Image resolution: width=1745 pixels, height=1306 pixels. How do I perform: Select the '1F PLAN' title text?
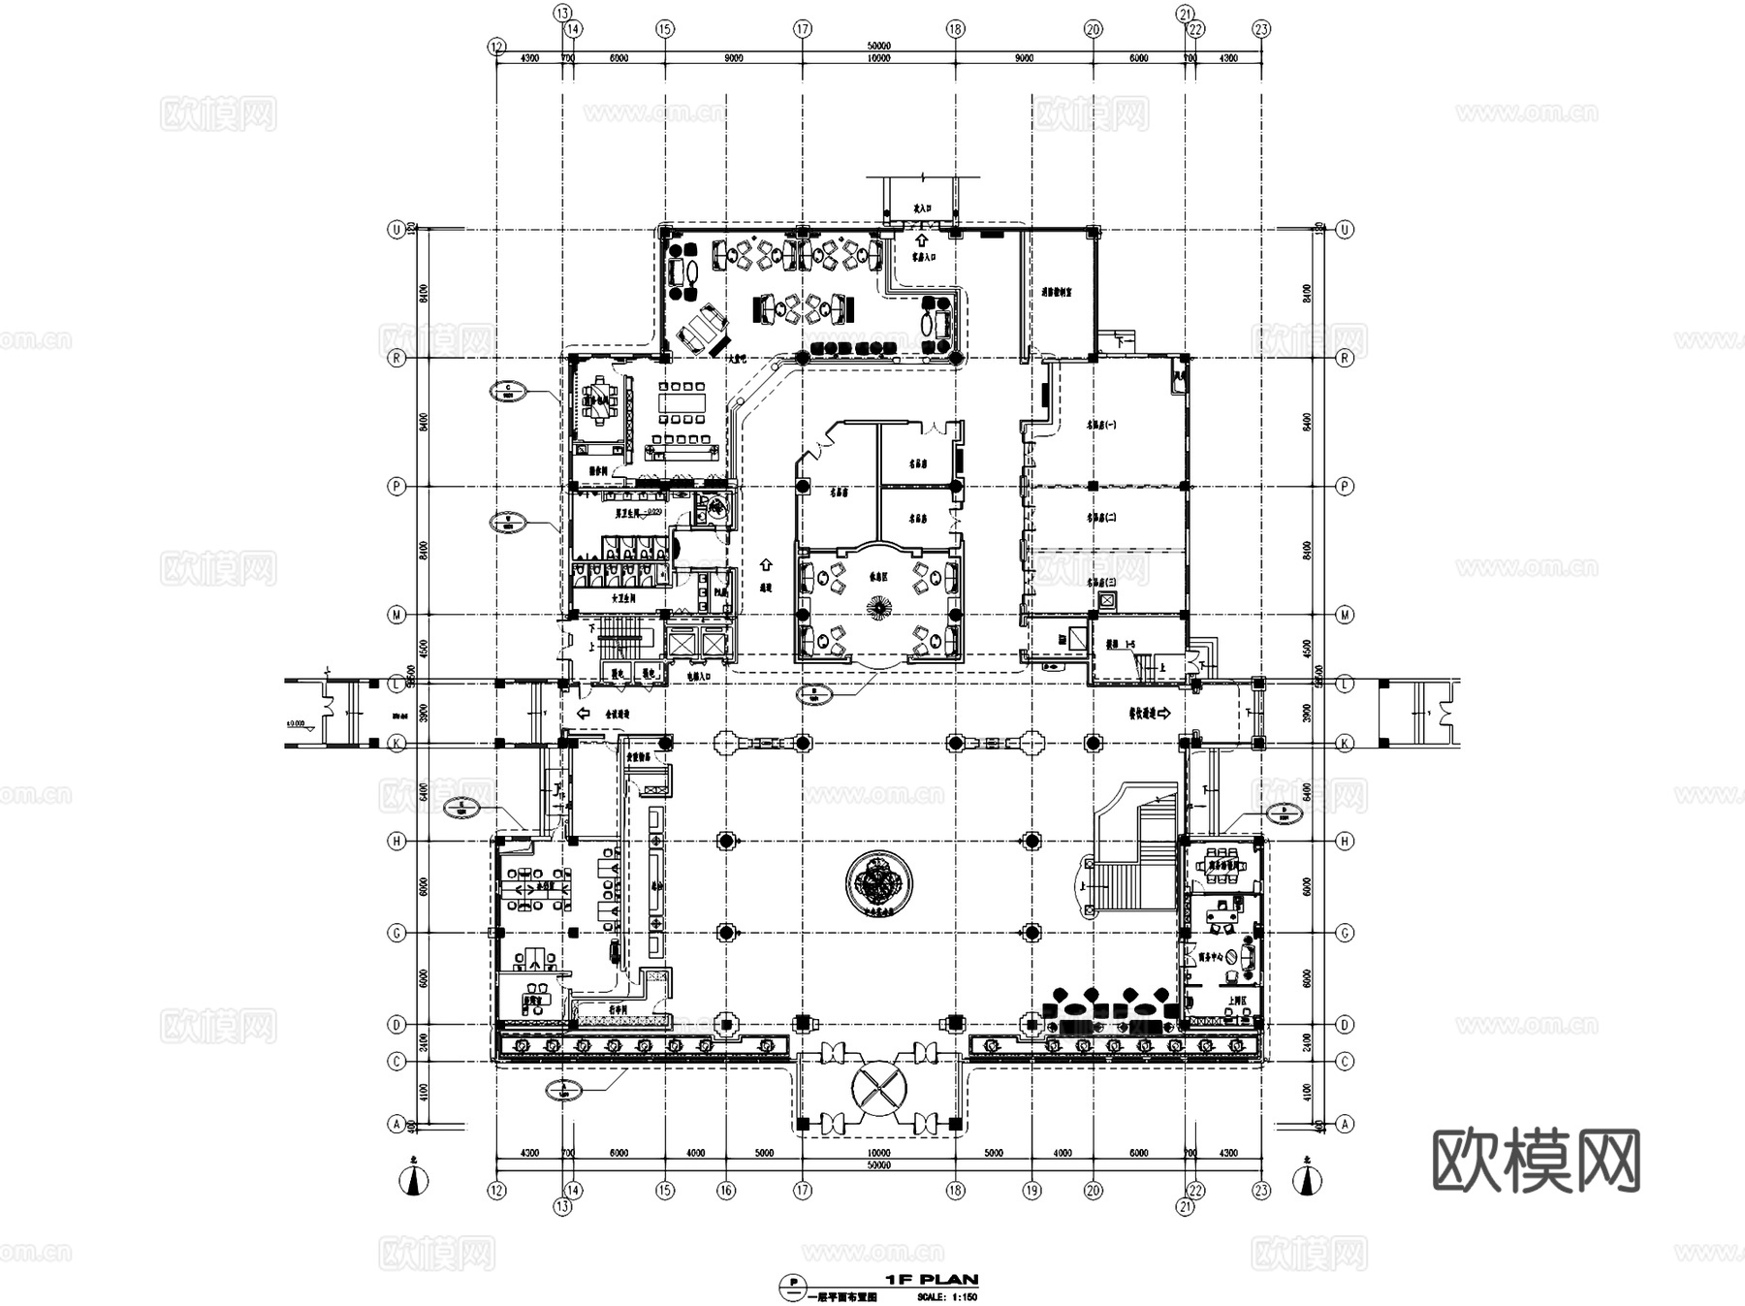pyautogui.click(x=932, y=1280)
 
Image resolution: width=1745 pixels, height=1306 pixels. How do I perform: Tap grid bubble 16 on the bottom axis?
pyautogui.click(x=726, y=1191)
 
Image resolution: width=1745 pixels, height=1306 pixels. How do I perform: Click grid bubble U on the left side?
pyautogui.click(x=396, y=230)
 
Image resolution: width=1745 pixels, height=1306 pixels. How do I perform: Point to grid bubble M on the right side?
pyautogui.click(x=1345, y=615)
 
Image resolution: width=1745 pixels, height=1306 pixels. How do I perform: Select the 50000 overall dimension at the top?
pyautogui.click(x=878, y=46)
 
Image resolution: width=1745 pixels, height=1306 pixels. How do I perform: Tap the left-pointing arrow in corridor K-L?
pyautogui.click(x=584, y=714)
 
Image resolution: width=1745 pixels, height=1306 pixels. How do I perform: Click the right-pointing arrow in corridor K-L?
pyautogui.click(x=1164, y=713)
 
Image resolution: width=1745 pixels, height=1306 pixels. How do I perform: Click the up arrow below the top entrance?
pyautogui.click(x=921, y=239)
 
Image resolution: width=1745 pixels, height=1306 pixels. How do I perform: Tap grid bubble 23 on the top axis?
pyautogui.click(x=1260, y=29)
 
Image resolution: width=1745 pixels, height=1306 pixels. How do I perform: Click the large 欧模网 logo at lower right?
pyautogui.click(x=1536, y=1160)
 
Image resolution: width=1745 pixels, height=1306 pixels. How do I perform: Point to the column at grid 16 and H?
pyautogui.click(x=726, y=841)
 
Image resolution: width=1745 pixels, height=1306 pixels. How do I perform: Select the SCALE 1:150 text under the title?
pyautogui.click(x=947, y=1296)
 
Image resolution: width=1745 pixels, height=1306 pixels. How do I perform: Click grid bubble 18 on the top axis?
pyautogui.click(x=955, y=29)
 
